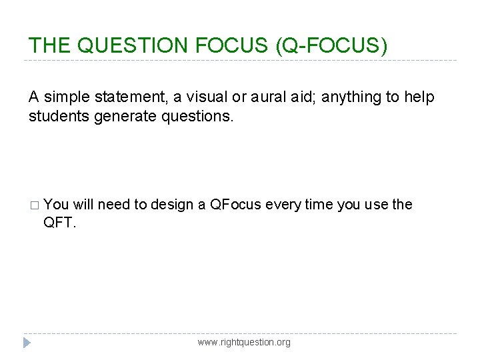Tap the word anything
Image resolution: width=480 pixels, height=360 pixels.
[347, 98]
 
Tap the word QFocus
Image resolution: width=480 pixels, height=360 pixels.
[235, 205]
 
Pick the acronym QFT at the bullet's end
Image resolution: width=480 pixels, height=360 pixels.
[58, 223]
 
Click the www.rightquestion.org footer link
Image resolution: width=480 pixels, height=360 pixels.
[244, 343]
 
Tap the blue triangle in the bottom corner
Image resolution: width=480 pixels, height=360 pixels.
[27, 343]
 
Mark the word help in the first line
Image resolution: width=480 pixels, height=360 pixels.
[419, 98]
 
